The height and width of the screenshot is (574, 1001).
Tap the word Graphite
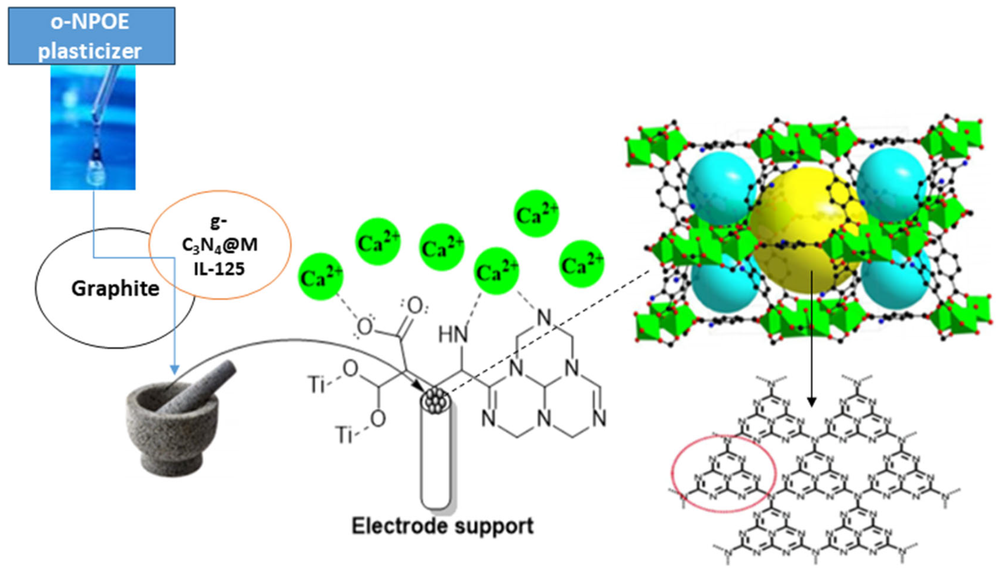[x=115, y=289]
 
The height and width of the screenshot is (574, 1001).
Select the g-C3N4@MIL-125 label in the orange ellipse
[x=220, y=245]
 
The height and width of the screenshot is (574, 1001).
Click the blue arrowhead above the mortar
[x=174, y=370]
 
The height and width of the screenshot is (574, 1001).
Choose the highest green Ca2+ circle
[x=536, y=214]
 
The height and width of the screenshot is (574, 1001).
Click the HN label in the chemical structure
[x=453, y=335]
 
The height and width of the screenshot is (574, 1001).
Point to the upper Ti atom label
[x=317, y=384]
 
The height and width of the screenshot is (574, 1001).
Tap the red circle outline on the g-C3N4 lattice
[x=723, y=473]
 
